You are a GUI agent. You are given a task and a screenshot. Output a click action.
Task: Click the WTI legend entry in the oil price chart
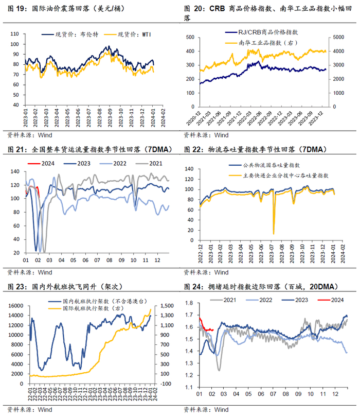click(128, 34)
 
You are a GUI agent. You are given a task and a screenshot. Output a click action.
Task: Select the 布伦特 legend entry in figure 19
click(70, 34)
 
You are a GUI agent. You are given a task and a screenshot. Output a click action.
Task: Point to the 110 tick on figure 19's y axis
click(14, 34)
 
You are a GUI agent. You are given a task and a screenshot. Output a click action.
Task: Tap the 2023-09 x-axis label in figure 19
click(110, 118)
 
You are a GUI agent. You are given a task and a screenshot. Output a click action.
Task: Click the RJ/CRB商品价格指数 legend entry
click(262, 32)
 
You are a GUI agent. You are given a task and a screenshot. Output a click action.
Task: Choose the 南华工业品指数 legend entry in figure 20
click(261, 43)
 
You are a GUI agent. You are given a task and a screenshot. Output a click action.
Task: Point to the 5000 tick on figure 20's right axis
click(338, 37)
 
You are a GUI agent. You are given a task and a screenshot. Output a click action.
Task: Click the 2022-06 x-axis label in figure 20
click(255, 118)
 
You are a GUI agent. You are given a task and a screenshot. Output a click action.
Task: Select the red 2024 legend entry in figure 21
click(41, 163)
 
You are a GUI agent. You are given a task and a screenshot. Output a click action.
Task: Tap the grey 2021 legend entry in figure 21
click(149, 163)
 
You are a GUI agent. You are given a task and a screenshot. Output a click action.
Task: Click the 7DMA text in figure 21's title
click(158, 149)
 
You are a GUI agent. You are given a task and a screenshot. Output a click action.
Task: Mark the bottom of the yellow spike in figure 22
click(274, 234)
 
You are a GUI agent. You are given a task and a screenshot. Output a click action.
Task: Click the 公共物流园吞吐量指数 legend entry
click(264, 165)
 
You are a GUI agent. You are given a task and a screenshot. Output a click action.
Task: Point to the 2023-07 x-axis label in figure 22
click(271, 254)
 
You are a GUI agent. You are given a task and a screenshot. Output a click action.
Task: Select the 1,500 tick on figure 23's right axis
click(167, 306)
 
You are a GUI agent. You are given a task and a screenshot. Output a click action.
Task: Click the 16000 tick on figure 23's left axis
click(15, 306)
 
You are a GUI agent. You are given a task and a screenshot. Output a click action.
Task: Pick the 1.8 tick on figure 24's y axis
click(189, 303)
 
